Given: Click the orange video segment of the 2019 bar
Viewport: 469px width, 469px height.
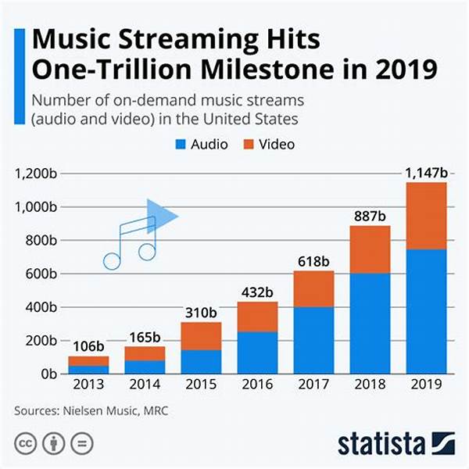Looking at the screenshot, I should tap(426, 216).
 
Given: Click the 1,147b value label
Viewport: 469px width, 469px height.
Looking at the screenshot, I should tap(425, 172).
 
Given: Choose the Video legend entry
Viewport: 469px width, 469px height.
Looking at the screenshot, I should tap(270, 145).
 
